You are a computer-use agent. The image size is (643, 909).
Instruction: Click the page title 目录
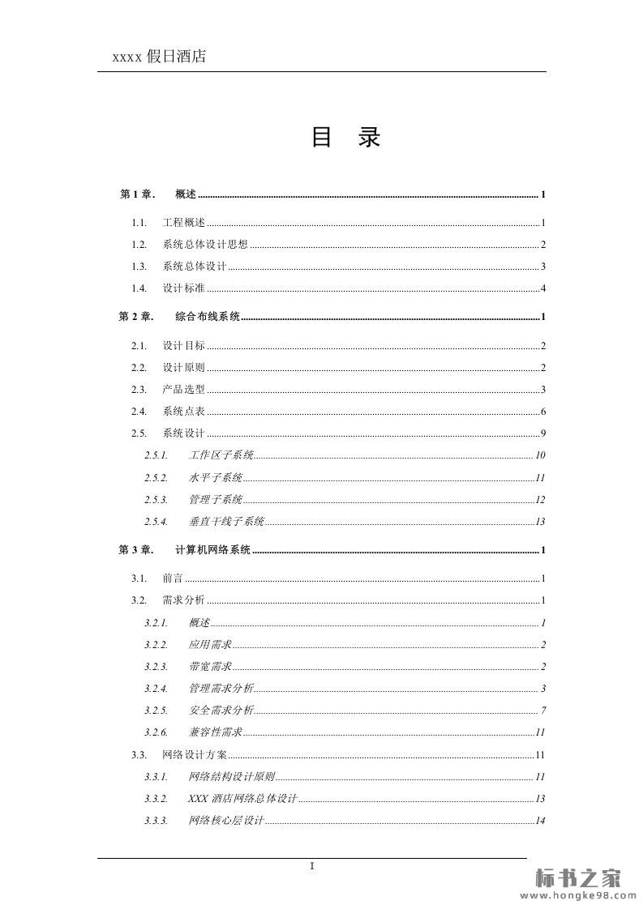pyautogui.click(x=345, y=138)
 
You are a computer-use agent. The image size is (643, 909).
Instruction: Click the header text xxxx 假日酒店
pyautogui.click(x=159, y=56)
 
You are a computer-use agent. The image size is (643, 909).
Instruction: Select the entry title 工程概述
pyautogui.click(x=184, y=223)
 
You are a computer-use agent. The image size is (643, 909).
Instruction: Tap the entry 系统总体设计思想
pyautogui.click(x=205, y=245)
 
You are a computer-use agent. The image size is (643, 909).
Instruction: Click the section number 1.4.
pyautogui.click(x=139, y=288)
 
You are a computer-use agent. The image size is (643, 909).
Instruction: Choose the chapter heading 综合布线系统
pyautogui.click(x=208, y=317)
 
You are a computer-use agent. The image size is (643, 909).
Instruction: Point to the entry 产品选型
pyautogui.click(x=184, y=390)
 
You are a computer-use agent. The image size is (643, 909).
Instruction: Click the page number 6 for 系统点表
pyautogui.click(x=542, y=412)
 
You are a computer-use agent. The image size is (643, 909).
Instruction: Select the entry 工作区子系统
pyautogui.click(x=221, y=455)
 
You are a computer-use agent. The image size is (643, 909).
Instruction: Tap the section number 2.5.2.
pyautogui.click(x=156, y=477)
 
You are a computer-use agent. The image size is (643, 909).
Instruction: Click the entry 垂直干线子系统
pyautogui.click(x=227, y=522)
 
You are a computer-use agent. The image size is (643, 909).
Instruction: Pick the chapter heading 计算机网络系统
pyautogui.click(x=213, y=550)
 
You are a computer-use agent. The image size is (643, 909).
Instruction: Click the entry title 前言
pyautogui.click(x=173, y=578)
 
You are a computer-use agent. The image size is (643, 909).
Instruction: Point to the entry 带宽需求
pyautogui.click(x=211, y=667)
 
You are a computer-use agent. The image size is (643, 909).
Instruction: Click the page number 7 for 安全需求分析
pyautogui.click(x=542, y=711)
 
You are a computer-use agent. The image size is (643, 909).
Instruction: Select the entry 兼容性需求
pyautogui.click(x=216, y=732)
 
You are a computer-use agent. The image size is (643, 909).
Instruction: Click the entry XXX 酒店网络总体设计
pyautogui.click(x=243, y=799)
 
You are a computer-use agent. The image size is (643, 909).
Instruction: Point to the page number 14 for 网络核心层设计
pyautogui.click(x=539, y=821)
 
